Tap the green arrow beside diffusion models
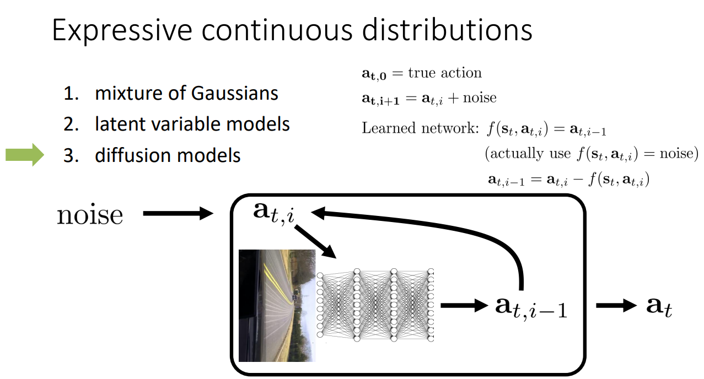tap(24, 155)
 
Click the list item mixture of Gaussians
tap(186, 93)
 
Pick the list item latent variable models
tap(192, 124)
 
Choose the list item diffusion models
tap(168, 155)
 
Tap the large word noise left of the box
tap(90, 214)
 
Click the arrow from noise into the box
tap(178, 213)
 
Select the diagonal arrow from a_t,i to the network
tap(315, 240)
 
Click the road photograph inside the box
tap(277, 305)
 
